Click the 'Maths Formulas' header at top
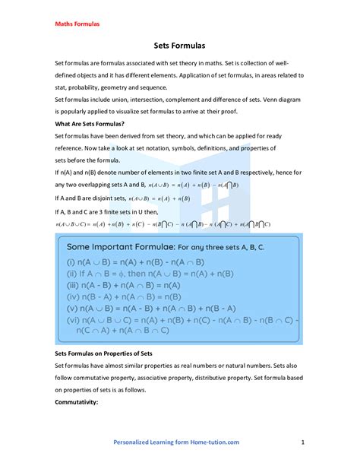click(77, 24)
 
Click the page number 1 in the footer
click(302, 442)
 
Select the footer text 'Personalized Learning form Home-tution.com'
click(176, 442)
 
